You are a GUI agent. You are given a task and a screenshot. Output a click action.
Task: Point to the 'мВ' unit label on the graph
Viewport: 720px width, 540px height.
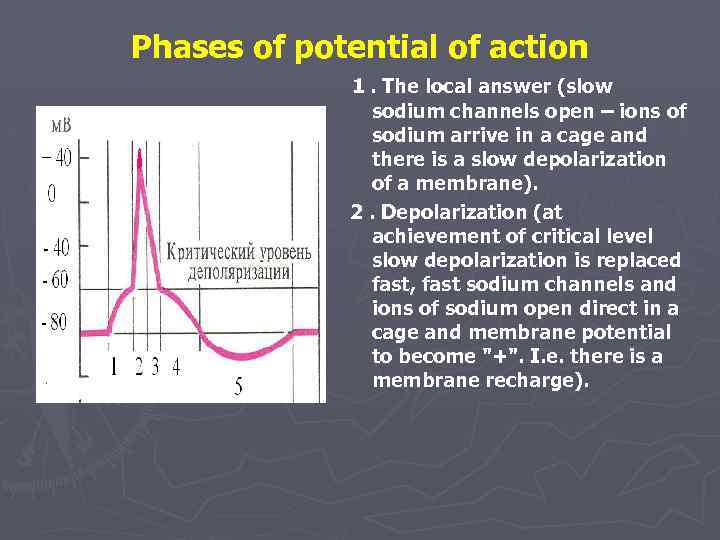[61, 125]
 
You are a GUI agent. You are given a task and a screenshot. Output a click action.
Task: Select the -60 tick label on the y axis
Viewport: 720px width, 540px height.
[54, 280]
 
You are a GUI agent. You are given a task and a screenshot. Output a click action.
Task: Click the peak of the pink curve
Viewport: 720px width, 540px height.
[140, 153]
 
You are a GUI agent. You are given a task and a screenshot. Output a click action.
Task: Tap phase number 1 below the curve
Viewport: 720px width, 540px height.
[113, 367]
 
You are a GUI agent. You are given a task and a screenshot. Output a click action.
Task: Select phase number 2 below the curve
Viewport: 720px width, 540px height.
[139, 367]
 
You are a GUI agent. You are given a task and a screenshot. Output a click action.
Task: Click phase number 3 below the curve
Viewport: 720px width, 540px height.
[155, 367]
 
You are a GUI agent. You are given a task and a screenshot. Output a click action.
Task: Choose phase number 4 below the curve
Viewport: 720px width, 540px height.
[176, 367]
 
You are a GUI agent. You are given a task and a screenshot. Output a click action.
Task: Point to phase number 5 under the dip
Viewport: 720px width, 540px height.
[237, 387]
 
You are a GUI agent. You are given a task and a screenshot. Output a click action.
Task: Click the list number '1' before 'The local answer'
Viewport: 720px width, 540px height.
[356, 87]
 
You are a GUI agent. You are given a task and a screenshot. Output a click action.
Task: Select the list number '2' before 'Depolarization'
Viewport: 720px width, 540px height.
[356, 211]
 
